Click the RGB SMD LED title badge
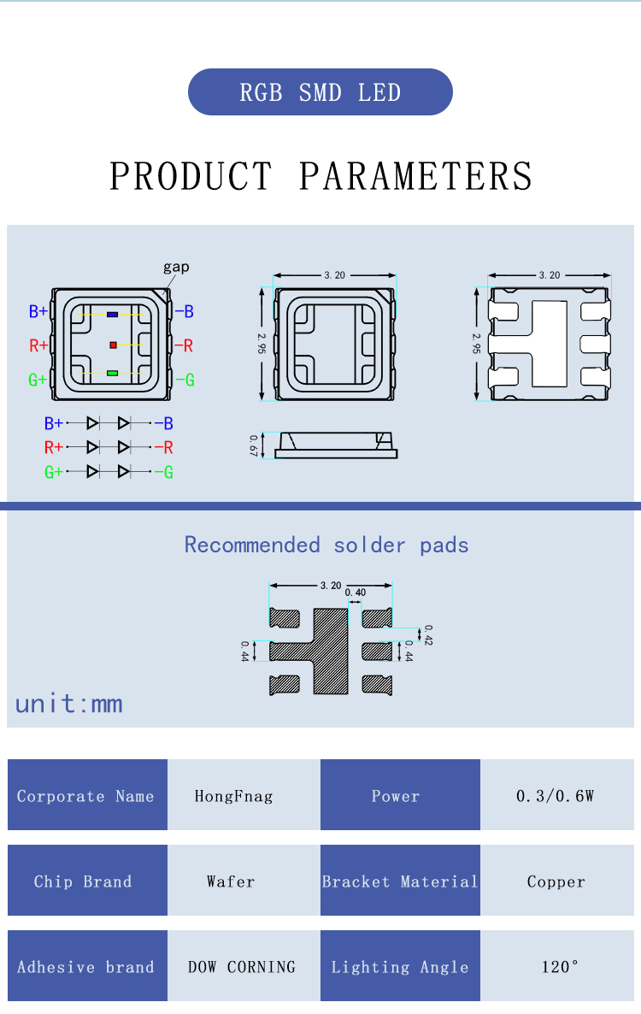pos(320,92)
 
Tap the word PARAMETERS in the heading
pos(415,176)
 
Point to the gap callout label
pos(176,267)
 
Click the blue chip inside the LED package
pos(113,315)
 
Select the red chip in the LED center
pos(113,345)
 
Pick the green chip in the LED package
pos(113,374)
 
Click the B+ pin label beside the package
pos(38,312)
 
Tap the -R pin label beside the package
pos(184,345)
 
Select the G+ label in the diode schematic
pos(53,472)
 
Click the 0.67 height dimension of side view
pos(254,445)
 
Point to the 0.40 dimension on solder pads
pos(355,592)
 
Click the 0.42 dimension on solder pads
pos(428,634)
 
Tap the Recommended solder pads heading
pos(326,545)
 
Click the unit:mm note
pos(68,704)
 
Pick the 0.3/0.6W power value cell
pos(556,796)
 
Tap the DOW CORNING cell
pos(243,967)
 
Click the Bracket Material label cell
pos(400,881)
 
